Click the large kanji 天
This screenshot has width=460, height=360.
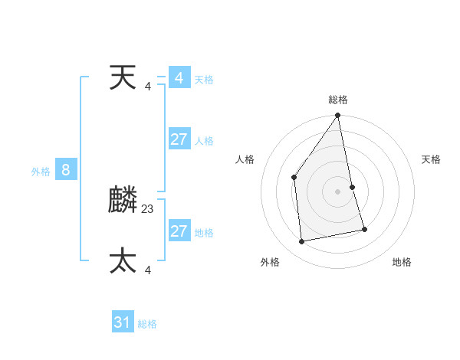pyautogui.click(x=123, y=78)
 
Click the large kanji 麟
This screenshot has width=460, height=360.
pyautogui.click(x=123, y=201)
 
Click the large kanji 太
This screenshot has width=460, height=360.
pyautogui.click(x=123, y=260)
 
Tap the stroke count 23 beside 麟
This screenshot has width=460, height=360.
pyautogui.click(x=148, y=208)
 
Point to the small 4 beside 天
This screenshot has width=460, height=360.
pyautogui.click(x=148, y=86)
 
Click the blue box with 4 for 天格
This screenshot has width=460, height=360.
pyautogui.click(x=179, y=78)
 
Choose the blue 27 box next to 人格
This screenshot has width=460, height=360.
pyautogui.click(x=179, y=139)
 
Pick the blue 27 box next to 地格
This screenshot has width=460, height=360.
pyautogui.click(x=179, y=231)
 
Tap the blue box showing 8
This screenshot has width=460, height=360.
pyautogui.click(x=66, y=170)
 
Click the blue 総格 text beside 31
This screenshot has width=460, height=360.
pyautogui.click(x=147, y=324)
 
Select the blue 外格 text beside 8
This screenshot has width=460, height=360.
pyautogui.click(x=41, y=172)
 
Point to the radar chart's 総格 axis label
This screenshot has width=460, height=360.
pyautogui.click(x=338, y=100)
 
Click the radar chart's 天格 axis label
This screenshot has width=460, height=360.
pyautogui.click(x=432, y=159)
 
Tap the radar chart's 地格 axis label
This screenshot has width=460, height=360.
pyautogui.click(x=402, y=262)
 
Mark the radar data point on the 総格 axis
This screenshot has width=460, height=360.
pyautogui.click(x=338, y=116)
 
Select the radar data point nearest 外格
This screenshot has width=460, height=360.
pyautogui.click(x=302, y=241)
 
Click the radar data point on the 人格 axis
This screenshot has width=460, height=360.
pyautogui.click(x=294, y=178)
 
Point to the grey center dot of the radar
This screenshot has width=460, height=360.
pyautogui.click(x=338, y=191)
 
